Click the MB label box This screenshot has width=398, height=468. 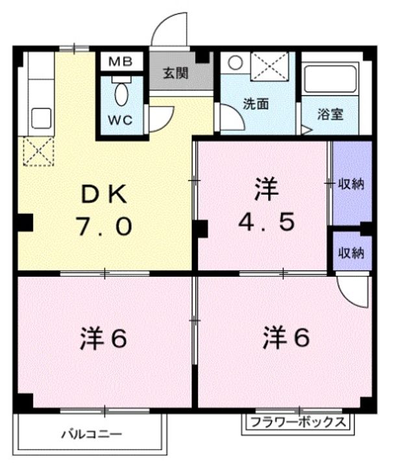(x=120, y=62)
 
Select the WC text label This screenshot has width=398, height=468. (x=121, y=121)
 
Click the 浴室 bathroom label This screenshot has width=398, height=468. (x=330, y=114)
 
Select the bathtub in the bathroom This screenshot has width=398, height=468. (x=332, y=80)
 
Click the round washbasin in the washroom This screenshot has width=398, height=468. (x=235, y=64)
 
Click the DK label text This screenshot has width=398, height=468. (x=104, y=194)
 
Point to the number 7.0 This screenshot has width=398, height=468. (x=104, y=226)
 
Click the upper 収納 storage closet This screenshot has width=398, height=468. (x=351, y=183)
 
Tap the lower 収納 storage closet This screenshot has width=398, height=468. (x=351, y=252)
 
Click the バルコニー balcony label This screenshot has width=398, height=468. (x=91, y=433)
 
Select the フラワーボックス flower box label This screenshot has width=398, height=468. (x=299, y=421)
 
